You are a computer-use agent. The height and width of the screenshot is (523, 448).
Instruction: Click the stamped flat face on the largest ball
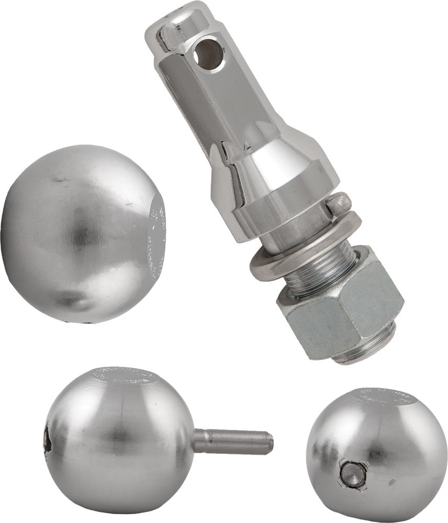[x=157, y=235]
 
